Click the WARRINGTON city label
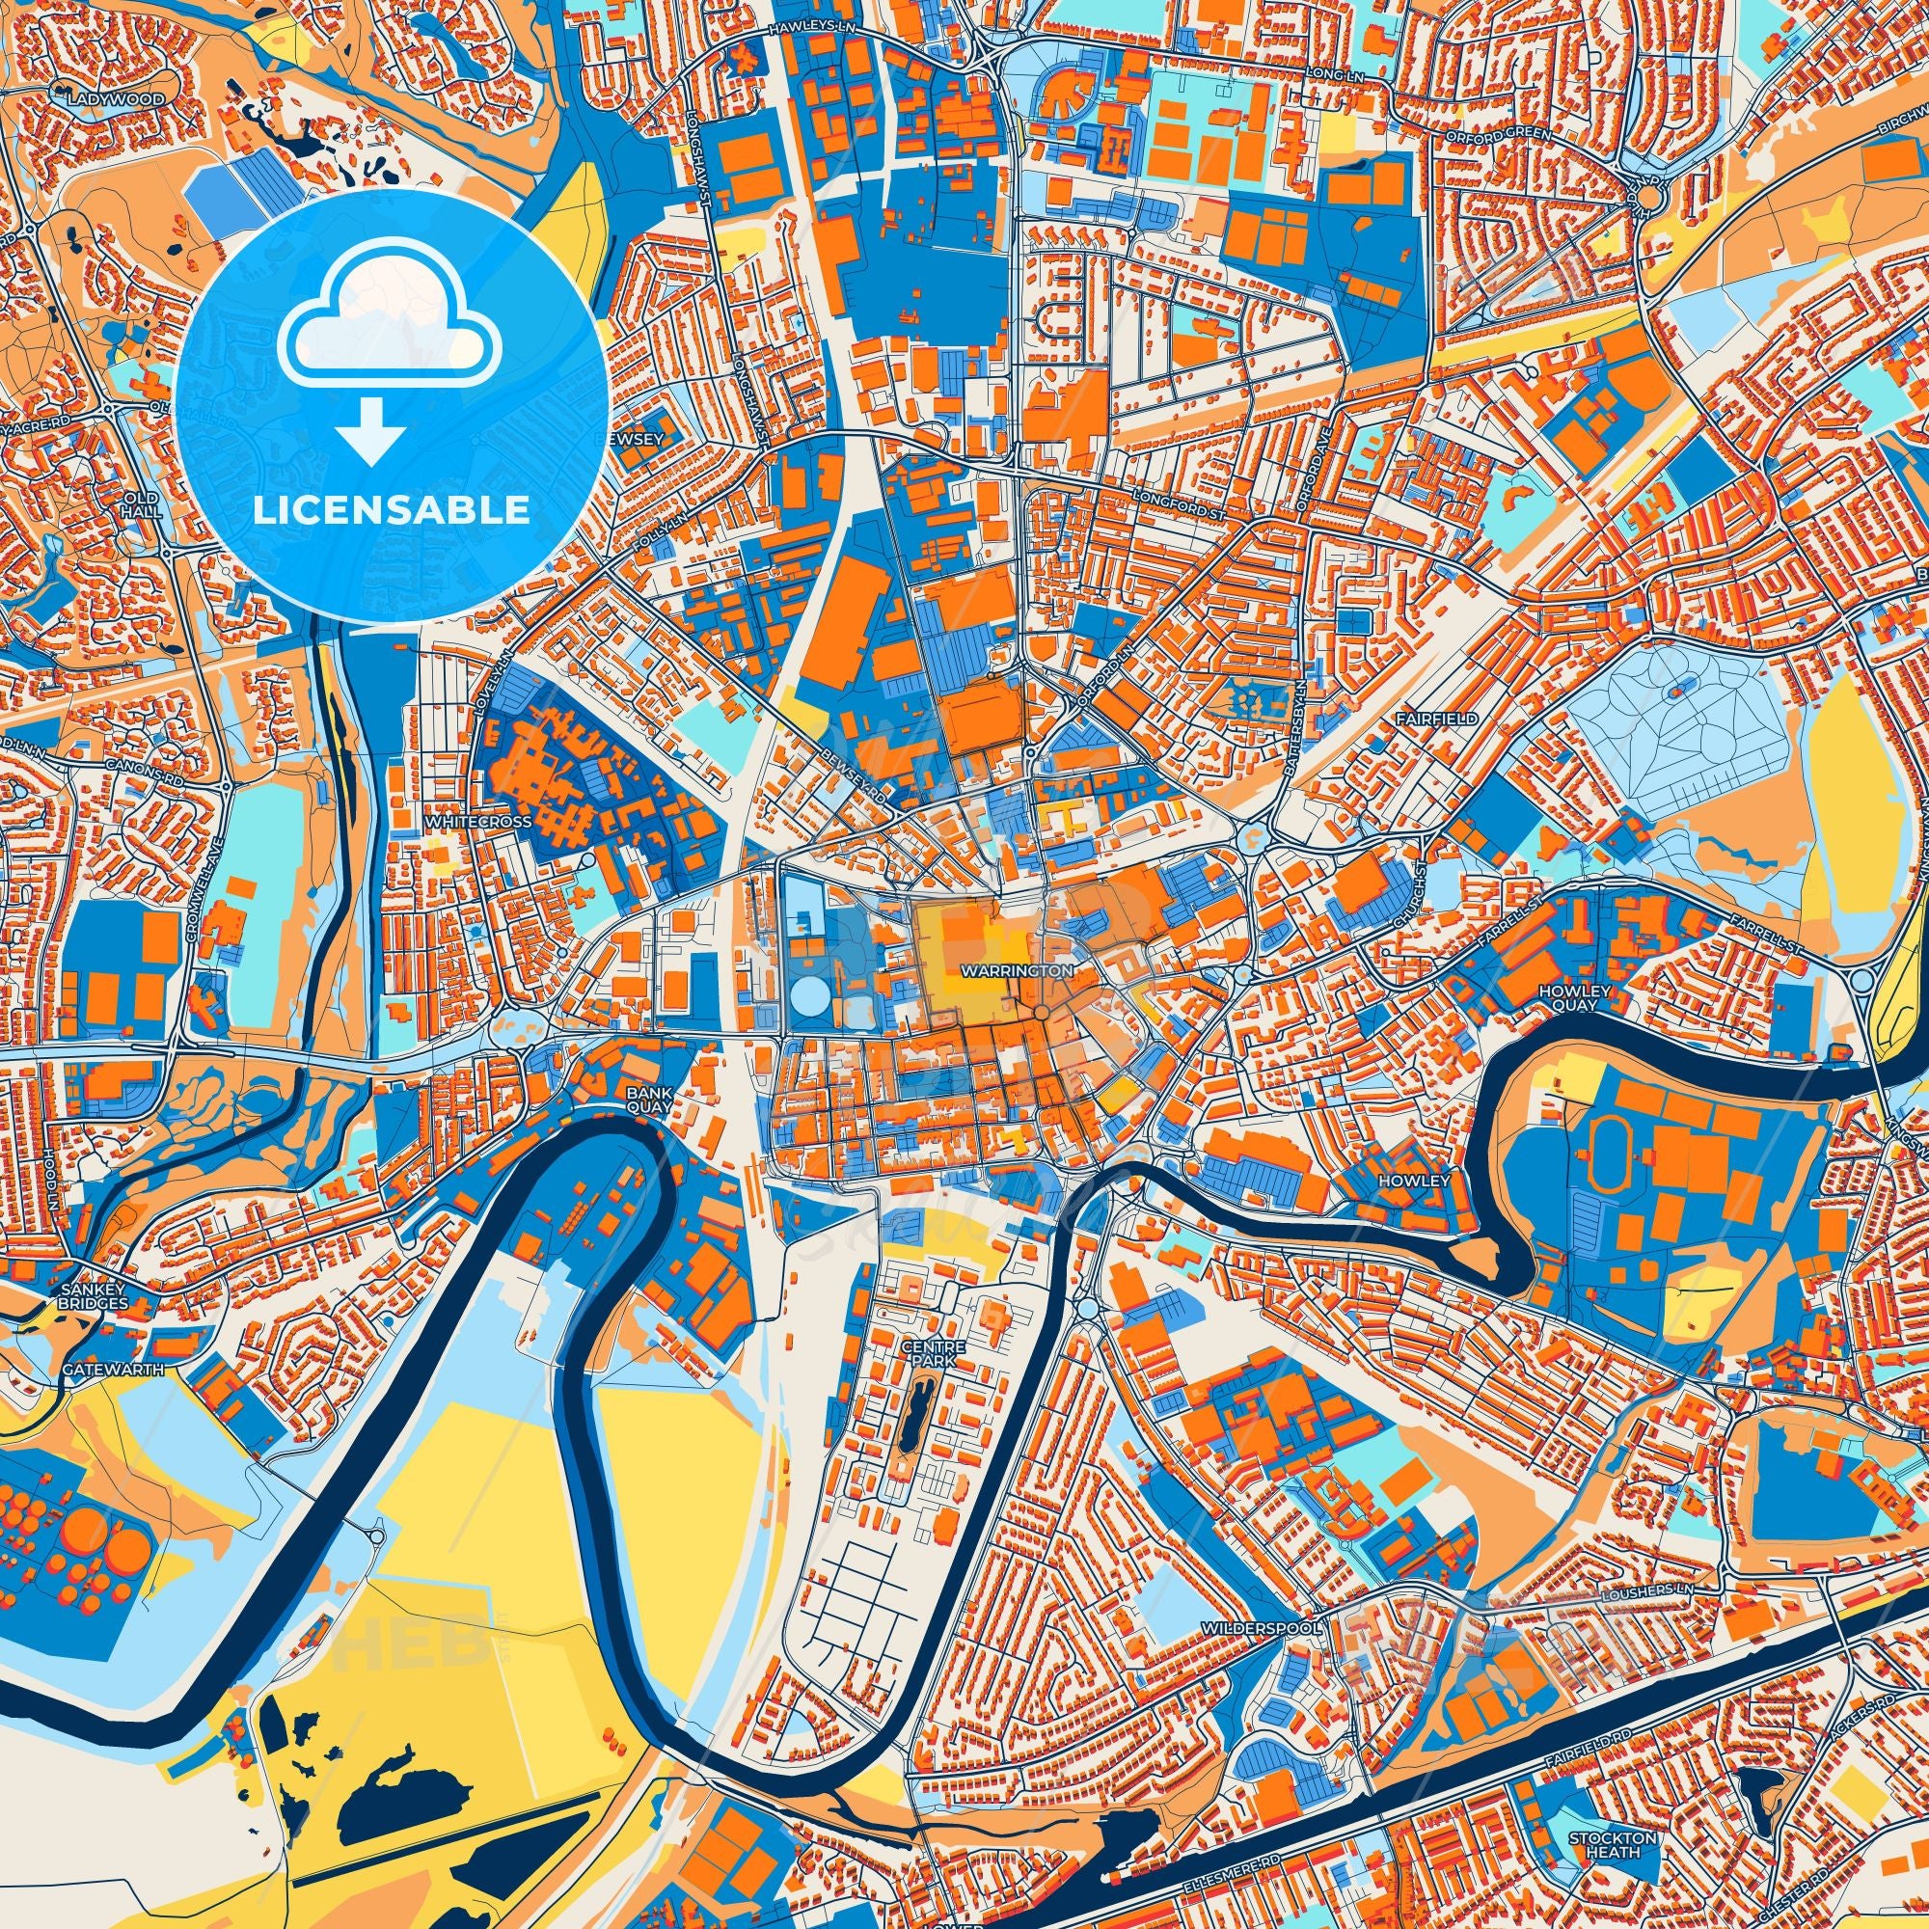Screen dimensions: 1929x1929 coord(1018,969)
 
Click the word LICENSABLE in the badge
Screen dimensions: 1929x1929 coord(391,510)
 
